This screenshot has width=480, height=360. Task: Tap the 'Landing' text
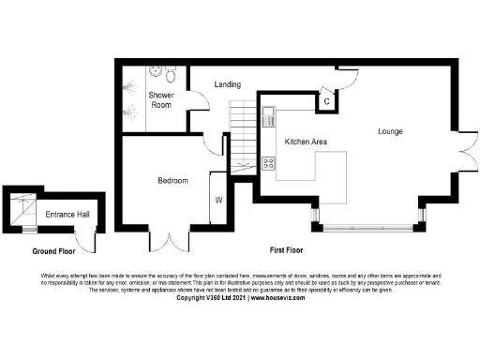[228, 84]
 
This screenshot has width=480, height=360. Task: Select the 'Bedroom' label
[172, 180]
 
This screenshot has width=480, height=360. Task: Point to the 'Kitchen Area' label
[306, 141]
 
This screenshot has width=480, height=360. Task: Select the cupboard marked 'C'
[325, 100]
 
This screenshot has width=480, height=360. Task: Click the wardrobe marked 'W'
[217, 199]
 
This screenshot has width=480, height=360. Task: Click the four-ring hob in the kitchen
[267, 163]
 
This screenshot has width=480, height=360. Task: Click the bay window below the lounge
[366, 226]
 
